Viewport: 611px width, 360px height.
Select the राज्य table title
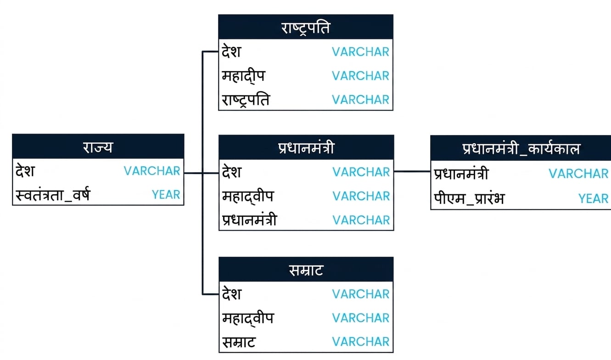pos(98,146)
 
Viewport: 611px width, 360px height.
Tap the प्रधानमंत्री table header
pos(306,147)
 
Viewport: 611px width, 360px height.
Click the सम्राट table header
pos(306,270)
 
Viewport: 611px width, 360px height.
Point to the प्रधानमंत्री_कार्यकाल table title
pos(521,148)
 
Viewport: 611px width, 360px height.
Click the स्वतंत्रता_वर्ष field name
pos(53,195)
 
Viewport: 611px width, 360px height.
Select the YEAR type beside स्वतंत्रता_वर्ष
pos(166,195)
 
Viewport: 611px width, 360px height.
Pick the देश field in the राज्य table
pos(25,171)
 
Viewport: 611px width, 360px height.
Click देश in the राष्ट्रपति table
pos(231,51)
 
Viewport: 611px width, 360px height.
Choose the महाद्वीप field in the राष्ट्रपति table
pos(243,76)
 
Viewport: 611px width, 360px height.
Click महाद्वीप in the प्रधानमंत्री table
pos(248,196)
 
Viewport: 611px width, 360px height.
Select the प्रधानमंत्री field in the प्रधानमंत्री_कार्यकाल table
pos(461,173)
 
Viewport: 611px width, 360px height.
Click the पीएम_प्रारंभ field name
pos(469,198)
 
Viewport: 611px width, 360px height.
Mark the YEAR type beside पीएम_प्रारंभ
pos(593,198)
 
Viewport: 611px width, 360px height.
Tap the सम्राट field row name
pos(239,342)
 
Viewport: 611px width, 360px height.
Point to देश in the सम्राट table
pos(231,294)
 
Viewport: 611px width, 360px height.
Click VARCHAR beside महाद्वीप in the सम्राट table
pos(361,318)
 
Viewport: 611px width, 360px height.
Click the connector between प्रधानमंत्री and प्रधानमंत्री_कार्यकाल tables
pos(412,171)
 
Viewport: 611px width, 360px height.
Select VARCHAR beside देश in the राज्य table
pos(152,171)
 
